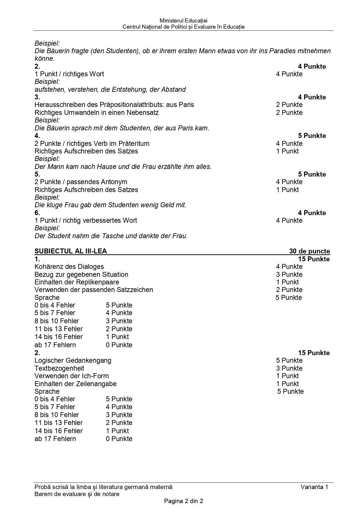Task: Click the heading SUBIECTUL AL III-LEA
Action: point(70,251)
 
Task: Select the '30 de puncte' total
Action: point(309,251)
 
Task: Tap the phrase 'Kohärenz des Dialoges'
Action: point(69,267)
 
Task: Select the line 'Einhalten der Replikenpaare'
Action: point(77,282)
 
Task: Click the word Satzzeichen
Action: point(135,290)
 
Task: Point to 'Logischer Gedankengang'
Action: point(73,360)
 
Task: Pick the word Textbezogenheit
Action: point(59,368)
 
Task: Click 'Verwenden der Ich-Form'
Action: point(71,376)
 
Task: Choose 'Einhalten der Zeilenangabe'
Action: point(75,384)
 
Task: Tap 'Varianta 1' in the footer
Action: point(314,487)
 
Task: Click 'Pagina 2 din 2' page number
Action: point(183,501)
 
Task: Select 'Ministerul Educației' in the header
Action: point(183,21)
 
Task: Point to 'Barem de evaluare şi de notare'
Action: point(77,494)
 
